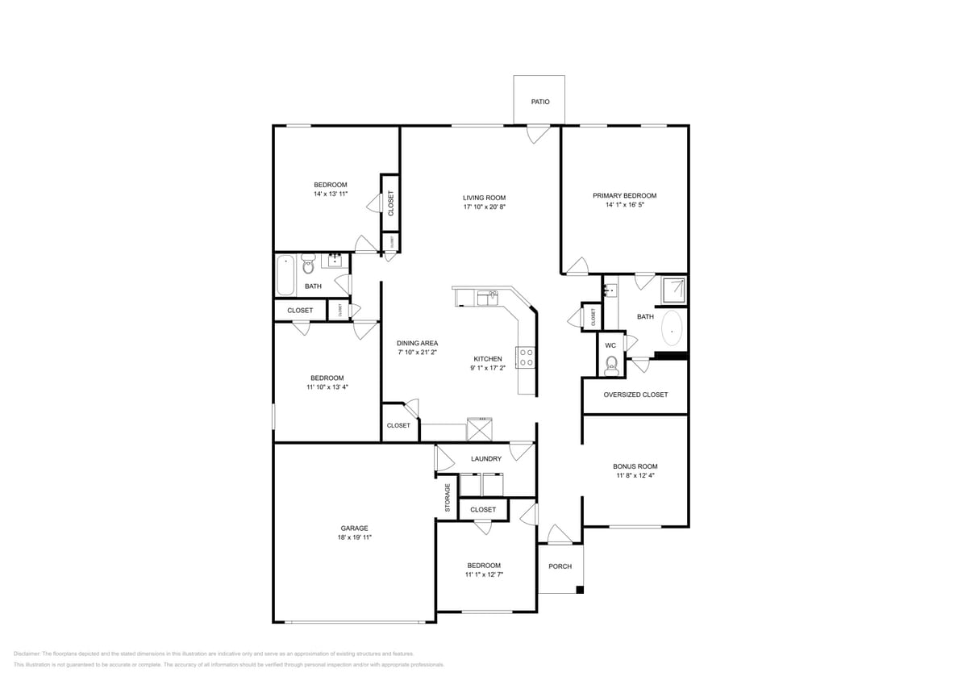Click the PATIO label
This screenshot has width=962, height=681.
coord(539,102)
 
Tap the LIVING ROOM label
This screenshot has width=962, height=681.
coord(484,198)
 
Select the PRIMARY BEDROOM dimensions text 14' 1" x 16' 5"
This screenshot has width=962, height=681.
coord(624,205)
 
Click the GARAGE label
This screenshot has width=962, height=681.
coord(354,528)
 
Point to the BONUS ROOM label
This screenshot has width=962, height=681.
coord(635,466)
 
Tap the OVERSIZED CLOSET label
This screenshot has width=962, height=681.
coord(635,395)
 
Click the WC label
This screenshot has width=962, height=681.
coord(610,345)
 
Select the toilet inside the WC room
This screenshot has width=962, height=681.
coord(611,366)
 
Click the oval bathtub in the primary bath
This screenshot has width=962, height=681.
coord(671,328)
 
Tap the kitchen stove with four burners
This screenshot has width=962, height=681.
coord(526,357)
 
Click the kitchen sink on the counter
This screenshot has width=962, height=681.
coord(487,298)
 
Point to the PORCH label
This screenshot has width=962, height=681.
coord(560,566)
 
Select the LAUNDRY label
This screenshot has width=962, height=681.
coord(486,458)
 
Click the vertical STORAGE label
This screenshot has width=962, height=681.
coord(448,498)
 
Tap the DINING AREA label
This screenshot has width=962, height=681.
coord(418,343)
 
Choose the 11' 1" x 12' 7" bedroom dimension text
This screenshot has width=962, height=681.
coord(484,574)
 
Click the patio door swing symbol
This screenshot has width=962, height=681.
coord(537,134)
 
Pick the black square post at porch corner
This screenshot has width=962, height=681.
coord(579,590)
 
